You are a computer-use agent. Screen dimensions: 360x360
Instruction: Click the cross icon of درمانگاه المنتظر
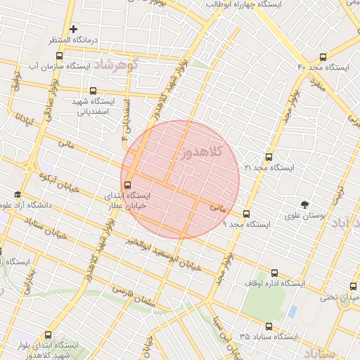click(x=73, y=29)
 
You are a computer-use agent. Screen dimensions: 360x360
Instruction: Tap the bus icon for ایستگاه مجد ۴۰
click(x=323, y=57)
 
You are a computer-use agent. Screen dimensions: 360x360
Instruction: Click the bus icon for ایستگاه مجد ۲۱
click(x=268, y=157)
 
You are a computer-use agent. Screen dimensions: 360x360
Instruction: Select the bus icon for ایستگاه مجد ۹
click(x=246, y=214)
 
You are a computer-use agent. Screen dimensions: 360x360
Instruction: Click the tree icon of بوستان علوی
click(x=304, y=205)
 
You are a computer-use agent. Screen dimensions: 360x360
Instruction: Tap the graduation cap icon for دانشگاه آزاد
click(x=18, y=195)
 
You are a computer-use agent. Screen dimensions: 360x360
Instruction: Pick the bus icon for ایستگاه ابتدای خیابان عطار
click(x=127, y=185)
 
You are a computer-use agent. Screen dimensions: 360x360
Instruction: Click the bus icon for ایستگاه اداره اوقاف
click(x=274, y=274)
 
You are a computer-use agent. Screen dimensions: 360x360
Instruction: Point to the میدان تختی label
click(x=340, y=297)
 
